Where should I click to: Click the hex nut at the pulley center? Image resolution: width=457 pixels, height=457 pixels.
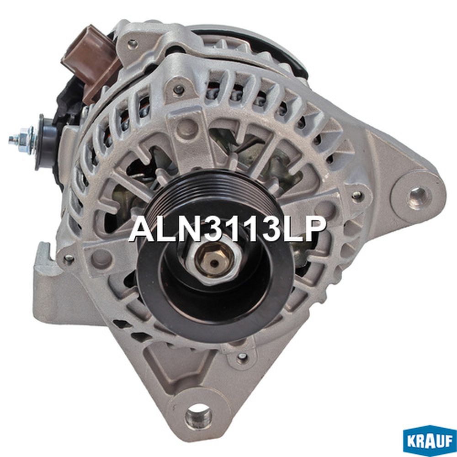[x=214, y=262]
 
